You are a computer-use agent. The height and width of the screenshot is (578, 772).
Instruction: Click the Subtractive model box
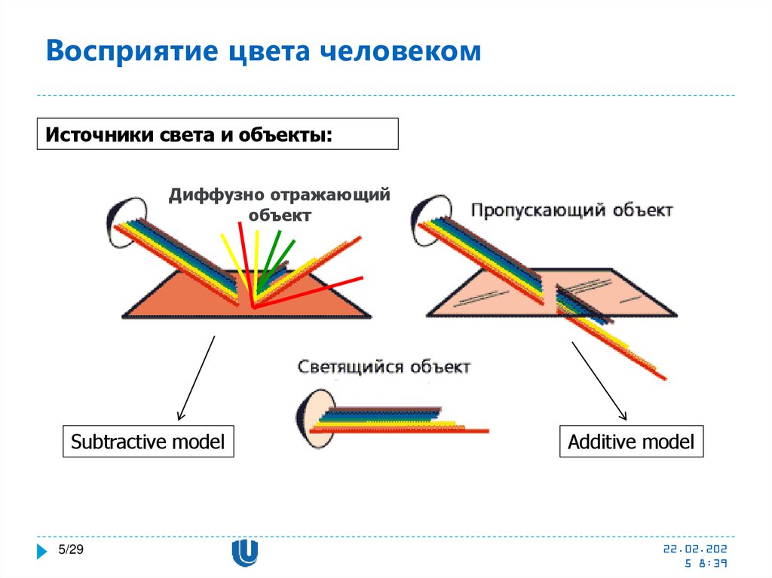click(148, 442)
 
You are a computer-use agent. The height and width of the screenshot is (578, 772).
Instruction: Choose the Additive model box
click(631, 442)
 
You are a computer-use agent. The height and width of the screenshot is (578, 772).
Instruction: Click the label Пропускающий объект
click(571, 210)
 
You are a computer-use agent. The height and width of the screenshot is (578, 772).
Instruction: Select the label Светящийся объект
click(384, 367)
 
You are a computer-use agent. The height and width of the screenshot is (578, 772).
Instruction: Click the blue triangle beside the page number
click(43, 551)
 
